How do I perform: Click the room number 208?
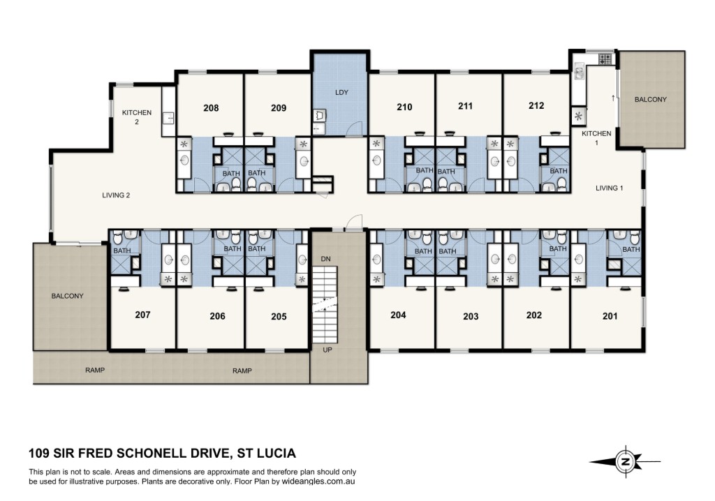click(211, 108)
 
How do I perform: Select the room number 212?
click(536, 106)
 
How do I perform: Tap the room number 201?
click(610, 316)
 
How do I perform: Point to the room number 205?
click(279, 316)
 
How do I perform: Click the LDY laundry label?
click(341, 92)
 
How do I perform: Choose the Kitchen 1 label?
click(596, 137)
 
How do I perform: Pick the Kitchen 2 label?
click(137, 117)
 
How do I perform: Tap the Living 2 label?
click(116, 195)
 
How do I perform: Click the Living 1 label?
click(609, 188)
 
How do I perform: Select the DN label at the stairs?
click(325, 259)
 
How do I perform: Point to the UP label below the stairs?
click(327, 350)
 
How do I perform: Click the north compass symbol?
click(625, 461)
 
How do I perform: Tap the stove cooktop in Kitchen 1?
click(605, 59)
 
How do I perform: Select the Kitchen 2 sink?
click(168, 119)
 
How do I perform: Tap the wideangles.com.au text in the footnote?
click(318, 481)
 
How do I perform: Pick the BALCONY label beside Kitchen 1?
click(651, 99)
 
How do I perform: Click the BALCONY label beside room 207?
click(68, 296)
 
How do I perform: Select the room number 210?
click(404, 107)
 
